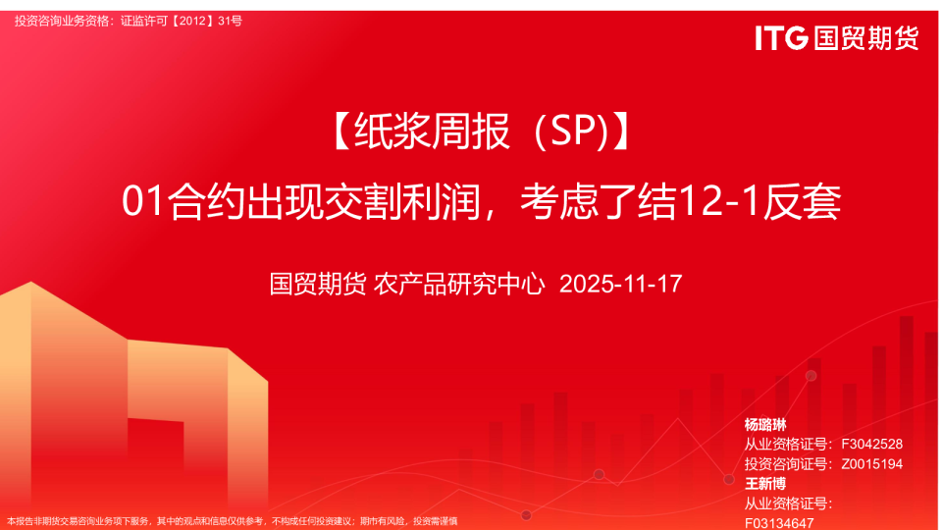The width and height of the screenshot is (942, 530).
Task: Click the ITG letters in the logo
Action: (781, 38)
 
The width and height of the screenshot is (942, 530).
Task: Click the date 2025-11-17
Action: (620, 284)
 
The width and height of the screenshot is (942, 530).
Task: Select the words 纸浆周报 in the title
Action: (433, 131)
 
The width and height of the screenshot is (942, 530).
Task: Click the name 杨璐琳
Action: (764, 425)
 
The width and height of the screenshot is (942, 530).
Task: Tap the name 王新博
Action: (764, 484)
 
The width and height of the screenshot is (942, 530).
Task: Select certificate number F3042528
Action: (871, 444)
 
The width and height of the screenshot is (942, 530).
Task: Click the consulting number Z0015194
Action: (871, 464)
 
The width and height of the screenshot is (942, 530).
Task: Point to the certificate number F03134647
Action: (778, 523)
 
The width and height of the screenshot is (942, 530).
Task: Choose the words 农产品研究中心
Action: (459, 284)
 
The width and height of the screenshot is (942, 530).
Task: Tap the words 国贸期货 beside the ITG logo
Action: (866, 38)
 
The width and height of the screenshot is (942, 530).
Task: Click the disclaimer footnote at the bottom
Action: (232, 521)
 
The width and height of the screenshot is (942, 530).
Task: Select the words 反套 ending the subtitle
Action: (802, 201)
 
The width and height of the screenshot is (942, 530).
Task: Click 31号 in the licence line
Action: (230, 21)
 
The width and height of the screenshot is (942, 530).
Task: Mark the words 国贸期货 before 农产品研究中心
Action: (317, 284)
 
